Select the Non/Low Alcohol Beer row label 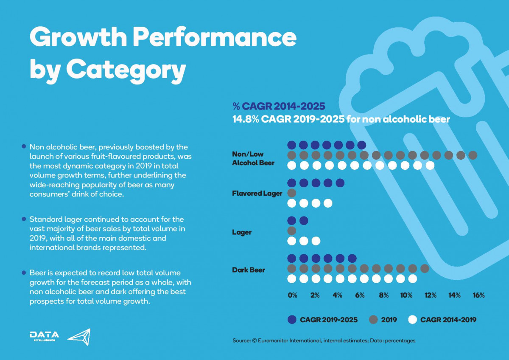253,158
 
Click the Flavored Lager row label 257,194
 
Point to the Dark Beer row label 249,270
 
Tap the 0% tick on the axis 292,295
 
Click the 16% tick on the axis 478,295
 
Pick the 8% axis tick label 384,295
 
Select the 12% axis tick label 431,295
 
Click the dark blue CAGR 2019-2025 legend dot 292,320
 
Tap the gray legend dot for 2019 374,320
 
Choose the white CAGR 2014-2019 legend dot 412,320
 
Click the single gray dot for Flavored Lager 292,193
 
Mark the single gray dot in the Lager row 292,231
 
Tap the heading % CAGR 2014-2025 279,106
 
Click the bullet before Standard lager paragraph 24,219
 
